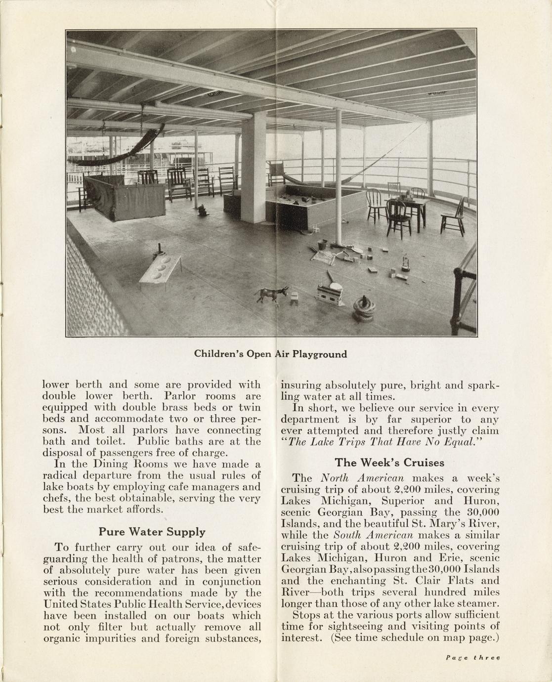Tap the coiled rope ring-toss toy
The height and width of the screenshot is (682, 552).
(x=365, y=309)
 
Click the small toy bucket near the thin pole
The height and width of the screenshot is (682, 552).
(x=322, y=244)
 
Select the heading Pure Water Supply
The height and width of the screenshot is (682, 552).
(x=152, y=532)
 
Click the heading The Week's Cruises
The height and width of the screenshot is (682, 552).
(x=389, y=463)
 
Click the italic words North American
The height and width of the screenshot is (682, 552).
(x=362, y=478)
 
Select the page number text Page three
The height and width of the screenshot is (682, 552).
(x=473, y=658)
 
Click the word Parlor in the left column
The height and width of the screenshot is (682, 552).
(x=182, y=396)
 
